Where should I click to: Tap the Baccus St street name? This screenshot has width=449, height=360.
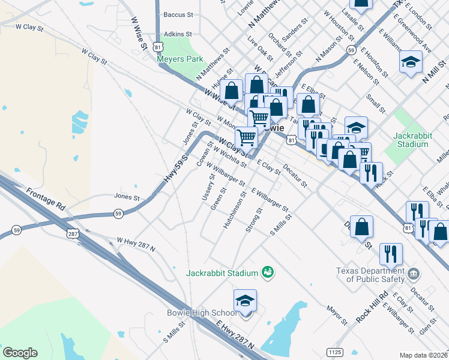click(x=178, y=14)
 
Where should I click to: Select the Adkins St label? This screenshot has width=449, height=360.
click(x=178, y=34)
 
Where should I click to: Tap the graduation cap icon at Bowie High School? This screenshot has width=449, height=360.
click(x=245, y=301)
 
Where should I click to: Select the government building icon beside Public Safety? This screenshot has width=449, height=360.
click(x=413, y=274)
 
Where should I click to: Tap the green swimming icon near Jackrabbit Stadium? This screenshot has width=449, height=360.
click(x=268, y=273)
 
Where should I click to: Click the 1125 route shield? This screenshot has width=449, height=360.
click(x=335, y=351)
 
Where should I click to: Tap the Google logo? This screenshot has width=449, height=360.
click(x=20, y=353)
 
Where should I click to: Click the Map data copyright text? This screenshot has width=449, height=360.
click(x=424, y=355)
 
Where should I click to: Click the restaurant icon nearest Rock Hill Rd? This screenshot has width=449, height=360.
click(x=391, y=254)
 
